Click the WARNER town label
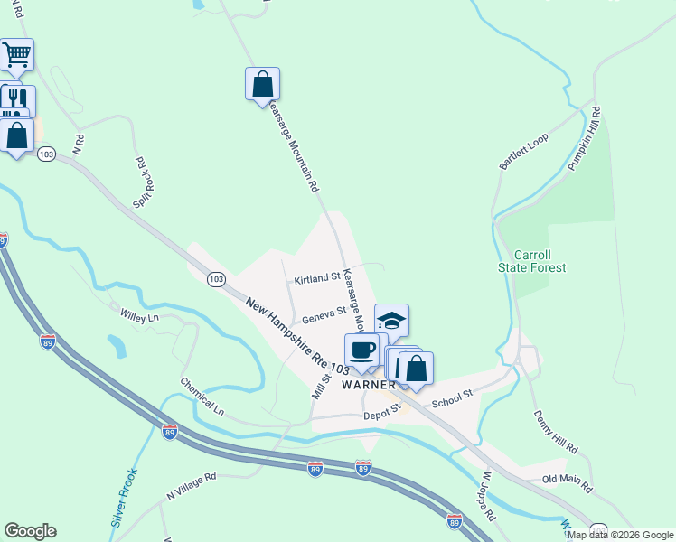pyautogui.click(x=369, y=384)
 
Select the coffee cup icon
pyautogui.click(x=362, y=350)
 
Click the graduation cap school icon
pyautogui.click(x=391, y=321)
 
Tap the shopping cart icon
pyautogui.click(x=16, y=56)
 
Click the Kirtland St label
pyautogui.click(x=316, y=278)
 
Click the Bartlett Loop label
pyautogui.click(x=524, y=153)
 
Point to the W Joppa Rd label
pyautogui.click(x=488, y=496)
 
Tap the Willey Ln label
pyautogui.click(x=139, y=316)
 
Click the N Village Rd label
pyautogui.click(x=192, y=487)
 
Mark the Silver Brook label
pyautogui.click(x=124, y=498)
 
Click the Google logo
pyautogui.click(x=30, y=531)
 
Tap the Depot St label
pyautogui.click(x=381, y=412)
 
